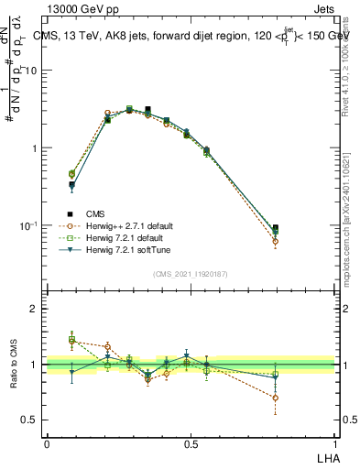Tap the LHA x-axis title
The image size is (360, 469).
[x=326, y=459]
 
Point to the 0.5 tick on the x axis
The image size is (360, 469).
[x=191, y=444]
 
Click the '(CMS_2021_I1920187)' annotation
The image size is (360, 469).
[x=190, y=272]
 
